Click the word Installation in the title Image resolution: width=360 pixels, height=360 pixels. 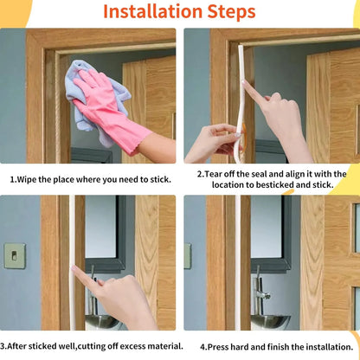pos(152,11)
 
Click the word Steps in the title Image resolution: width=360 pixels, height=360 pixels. pos(231,12)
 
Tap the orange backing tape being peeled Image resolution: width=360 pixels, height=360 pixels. pos(244,138)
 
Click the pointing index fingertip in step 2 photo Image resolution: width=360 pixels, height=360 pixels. pos(245,83)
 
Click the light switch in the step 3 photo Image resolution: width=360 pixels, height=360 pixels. pos(15,256)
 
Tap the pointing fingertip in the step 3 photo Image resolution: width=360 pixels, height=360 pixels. pos(74,268)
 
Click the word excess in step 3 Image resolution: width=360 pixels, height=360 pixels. pos(132,346)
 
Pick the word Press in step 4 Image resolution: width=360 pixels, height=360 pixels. pos(216,347)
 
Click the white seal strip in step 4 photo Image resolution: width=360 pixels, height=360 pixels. pos(238,262)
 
